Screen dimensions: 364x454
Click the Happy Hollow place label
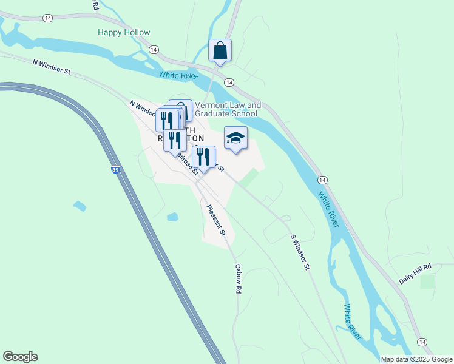[x=124, y=32]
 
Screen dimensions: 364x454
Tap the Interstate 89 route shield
[x=115, y=170]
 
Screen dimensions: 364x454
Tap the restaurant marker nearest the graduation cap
[x=204, y=157]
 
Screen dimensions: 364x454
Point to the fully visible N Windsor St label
[x=52, y=67]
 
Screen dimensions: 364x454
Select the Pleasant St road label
[x=216, y=220]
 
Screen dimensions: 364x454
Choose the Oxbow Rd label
[x=239, y=278]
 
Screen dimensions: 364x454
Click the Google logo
[x=20, y=357]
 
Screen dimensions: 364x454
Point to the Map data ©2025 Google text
[x=417, y=359]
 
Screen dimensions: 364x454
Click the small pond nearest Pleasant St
[x=172, y=217]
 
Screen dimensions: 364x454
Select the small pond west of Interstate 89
[x=80, y=206]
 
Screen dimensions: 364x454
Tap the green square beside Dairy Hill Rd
[x=428, y=281]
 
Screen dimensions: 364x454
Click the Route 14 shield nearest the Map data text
[x=421, y=342]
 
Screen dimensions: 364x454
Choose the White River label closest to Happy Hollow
[x=178, y=75]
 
